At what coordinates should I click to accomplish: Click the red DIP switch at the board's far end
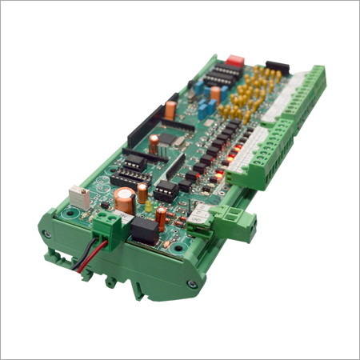click(235, 60)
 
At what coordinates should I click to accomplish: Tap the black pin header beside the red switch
click(278, 66)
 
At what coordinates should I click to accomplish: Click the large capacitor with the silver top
click(124, 200)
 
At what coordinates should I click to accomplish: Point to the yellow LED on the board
click(150, 206)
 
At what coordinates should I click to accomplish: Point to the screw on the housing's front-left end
click(46, 235)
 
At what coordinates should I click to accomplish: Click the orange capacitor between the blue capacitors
click(215, 93)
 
